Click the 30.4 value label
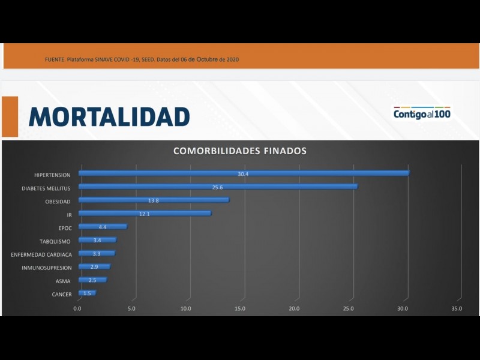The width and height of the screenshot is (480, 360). (x=243, y=173)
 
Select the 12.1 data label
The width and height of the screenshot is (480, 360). (x=145, y=214)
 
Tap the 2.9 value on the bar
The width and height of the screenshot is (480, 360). (x=94, y=266)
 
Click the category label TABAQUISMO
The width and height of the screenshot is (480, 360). (x=55, y=241)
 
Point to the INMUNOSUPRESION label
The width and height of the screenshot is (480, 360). (x=46, y=268)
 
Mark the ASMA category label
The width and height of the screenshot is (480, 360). (x=62, y=281)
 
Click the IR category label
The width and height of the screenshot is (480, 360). (x=69, y=214)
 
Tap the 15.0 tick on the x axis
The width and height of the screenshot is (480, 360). (x=240, y=308)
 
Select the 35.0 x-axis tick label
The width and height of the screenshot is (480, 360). (x=457, y=308)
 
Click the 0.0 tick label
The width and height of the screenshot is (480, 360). (x=77, y=308)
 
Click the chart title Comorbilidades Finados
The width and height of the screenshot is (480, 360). (x=240, y=151)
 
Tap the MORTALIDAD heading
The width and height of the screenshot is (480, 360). (x=109, y=116)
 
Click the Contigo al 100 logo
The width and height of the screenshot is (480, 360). (x=422, y=113)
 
